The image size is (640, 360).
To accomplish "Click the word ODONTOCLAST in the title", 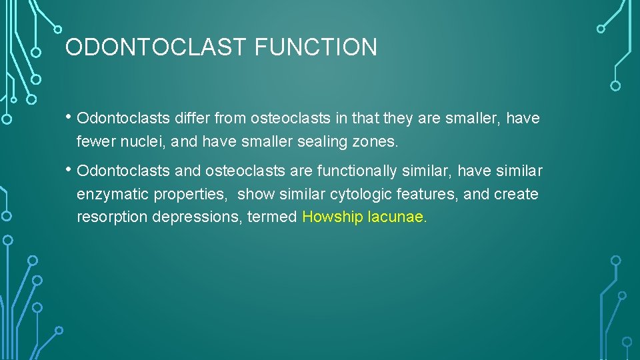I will [156, 47].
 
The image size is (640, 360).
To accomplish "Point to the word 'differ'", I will [193, 119].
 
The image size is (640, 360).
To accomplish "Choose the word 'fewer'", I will [93, 142].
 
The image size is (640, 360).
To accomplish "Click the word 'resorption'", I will [107, 218].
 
